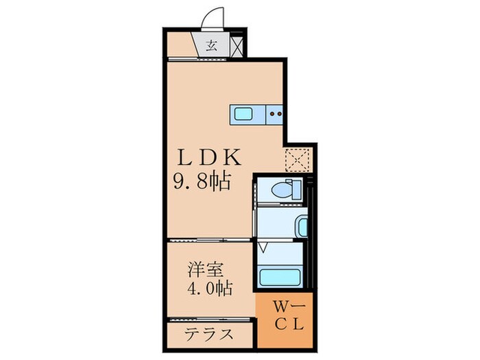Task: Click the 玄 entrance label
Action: pos(212,47)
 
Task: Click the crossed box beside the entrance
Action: pos(237,47)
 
